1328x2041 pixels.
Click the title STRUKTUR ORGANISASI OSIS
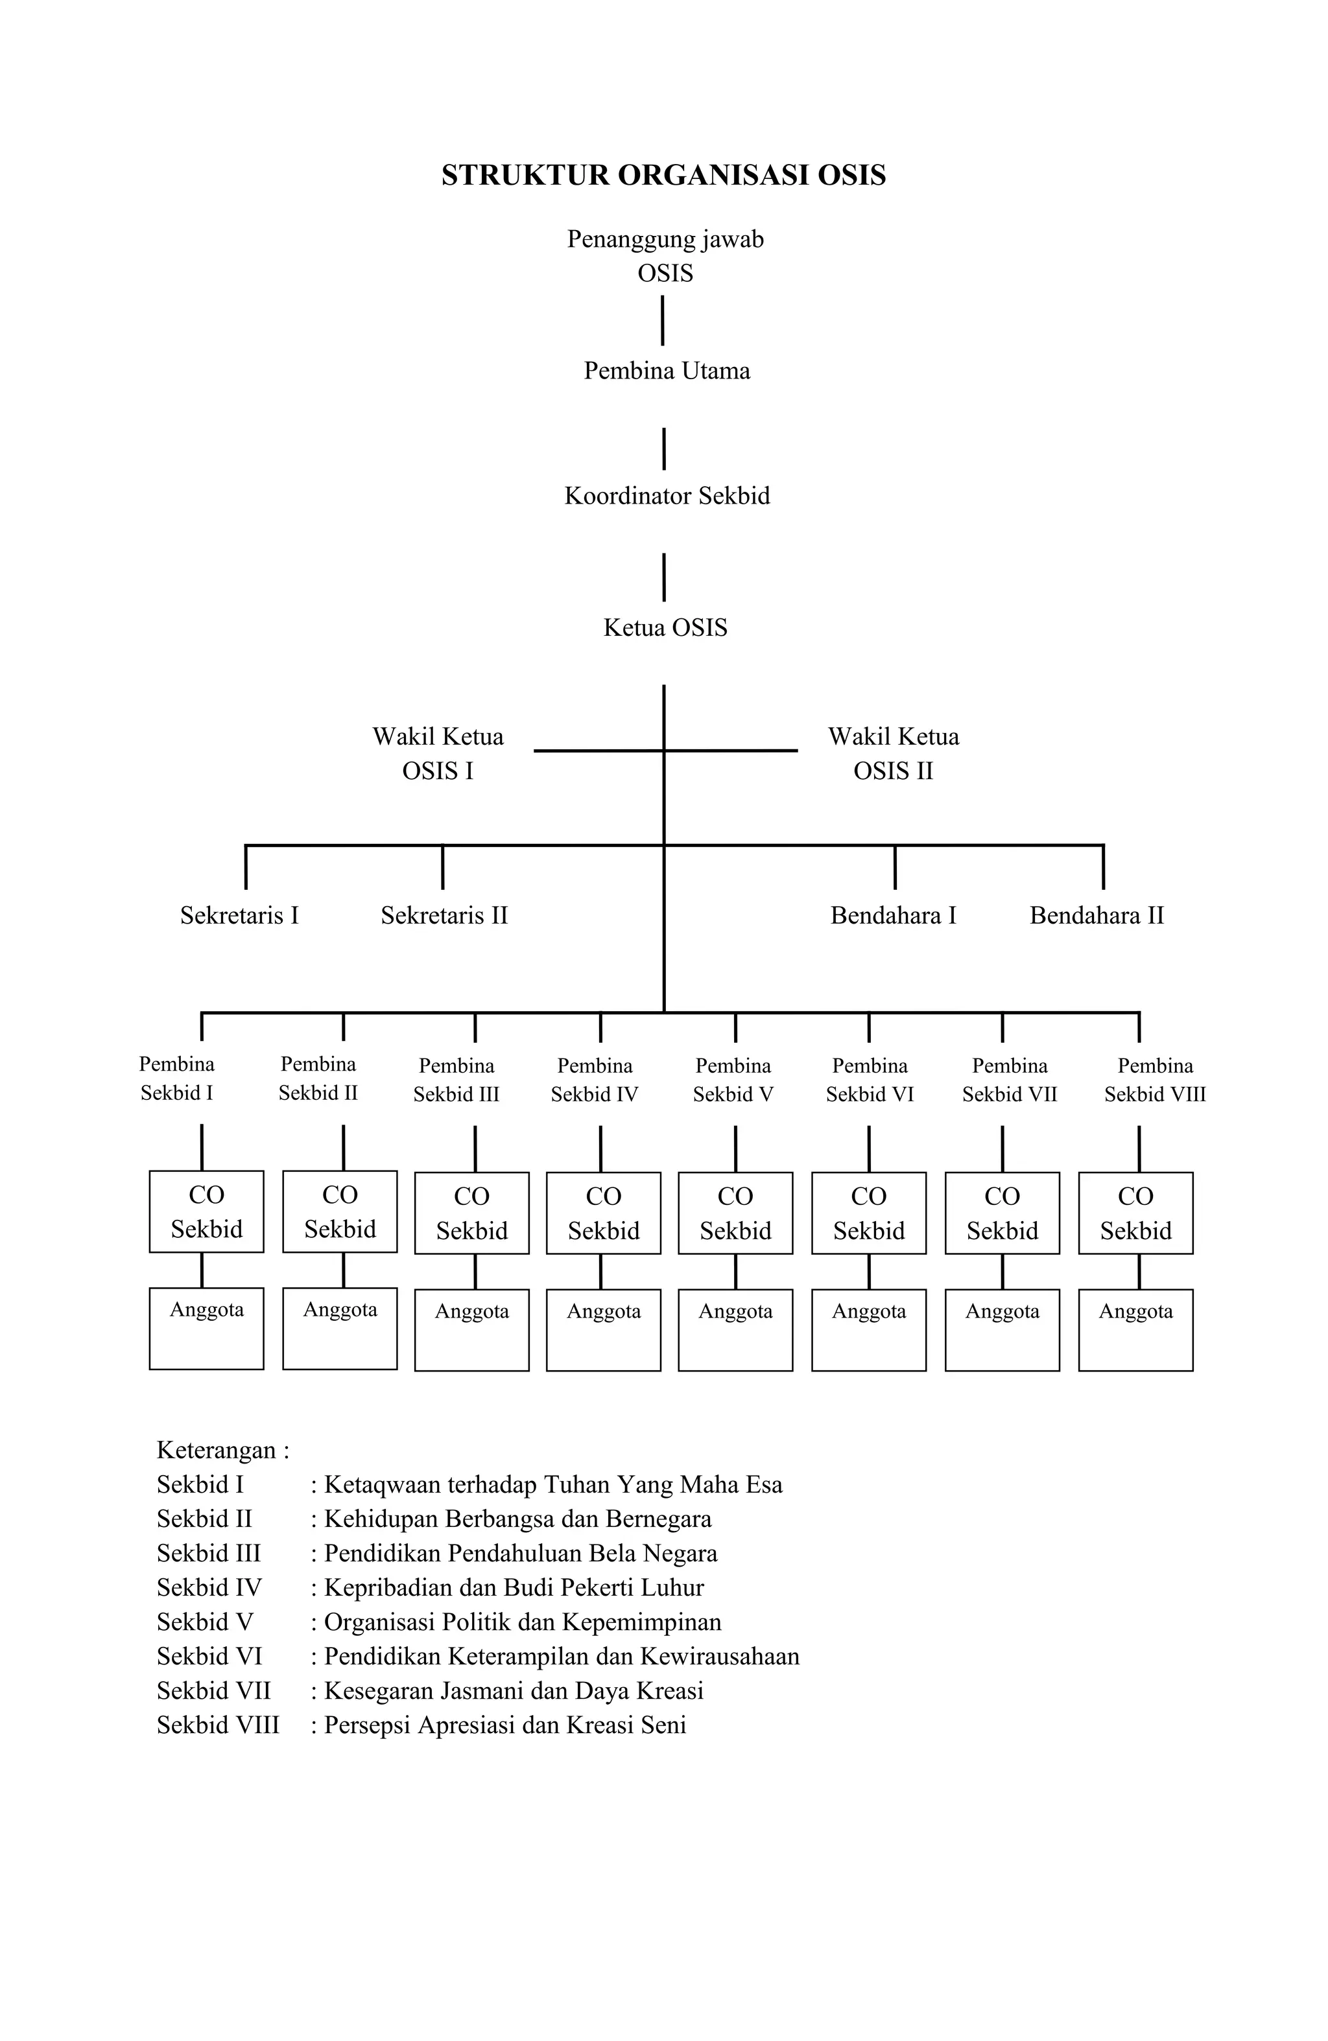[x=663, y=175]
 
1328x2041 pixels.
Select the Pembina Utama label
[x=667, y=371]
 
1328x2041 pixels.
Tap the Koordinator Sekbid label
[x=667, y=496]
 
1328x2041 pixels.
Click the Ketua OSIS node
[x=665, y=628]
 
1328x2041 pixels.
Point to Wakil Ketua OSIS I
[x=438, y=753]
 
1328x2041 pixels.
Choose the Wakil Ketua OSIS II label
[x=893, y=753]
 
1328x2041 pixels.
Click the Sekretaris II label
[x=444, y=915]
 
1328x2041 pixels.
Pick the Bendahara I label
[x=893, y=915]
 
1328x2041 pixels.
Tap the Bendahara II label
[x=1097, y=915]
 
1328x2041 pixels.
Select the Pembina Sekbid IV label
[x=595, y=1080]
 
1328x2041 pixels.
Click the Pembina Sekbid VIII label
[x=1155, y=1080]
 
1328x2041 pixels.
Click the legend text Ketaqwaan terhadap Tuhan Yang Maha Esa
[x=553, y=1484]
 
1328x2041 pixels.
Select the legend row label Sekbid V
[x=205, y=1622]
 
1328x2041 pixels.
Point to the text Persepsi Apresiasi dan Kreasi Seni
[x=505, y=1725]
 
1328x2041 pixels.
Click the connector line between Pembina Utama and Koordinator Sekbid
[x=665, y=449]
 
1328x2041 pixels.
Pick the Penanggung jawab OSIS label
[x=665, y=255]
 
